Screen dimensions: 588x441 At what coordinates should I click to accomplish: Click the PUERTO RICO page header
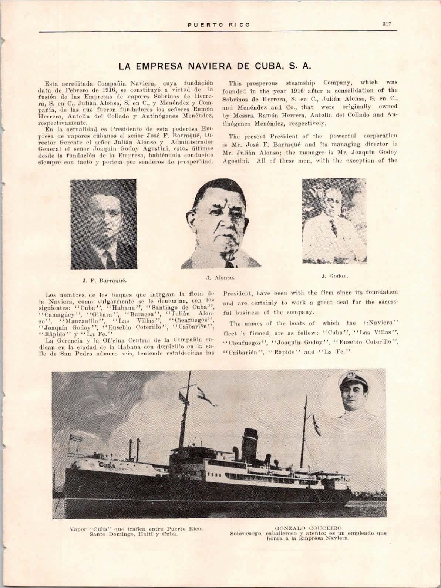(x=218, y=25)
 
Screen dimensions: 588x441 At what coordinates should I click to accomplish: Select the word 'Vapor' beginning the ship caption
(x=78, y=529)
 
